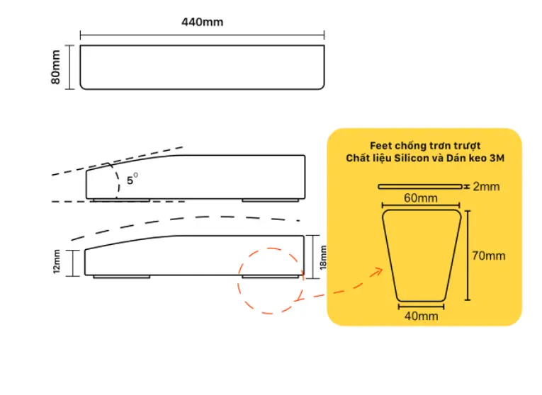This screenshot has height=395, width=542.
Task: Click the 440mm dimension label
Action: (x=202, y=22)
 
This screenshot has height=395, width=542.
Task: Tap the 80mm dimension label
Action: (x=56, y=67)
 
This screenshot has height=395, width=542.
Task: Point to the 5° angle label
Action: (x=132, y=180)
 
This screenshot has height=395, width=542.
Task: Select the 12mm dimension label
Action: (x=57, y=261)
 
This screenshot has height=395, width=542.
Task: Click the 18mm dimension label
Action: (x=323, y=258)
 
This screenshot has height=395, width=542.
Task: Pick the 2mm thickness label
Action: (x=486, y=186)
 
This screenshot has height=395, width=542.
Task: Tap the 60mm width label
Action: (x=421, y=198)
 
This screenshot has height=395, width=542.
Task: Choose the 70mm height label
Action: (x=488, y=256)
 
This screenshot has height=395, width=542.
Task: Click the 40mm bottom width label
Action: (x=422, y=316)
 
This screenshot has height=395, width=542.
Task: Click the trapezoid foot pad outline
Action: (x=387, y=256)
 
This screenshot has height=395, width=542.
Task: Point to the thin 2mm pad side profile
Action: (x=420, y=187)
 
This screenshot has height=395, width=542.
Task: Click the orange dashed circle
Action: (x=239, y=280)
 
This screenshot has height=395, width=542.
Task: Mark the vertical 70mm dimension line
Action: (x=468, y=255)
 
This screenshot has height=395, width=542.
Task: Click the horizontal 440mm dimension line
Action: (x=202, y=35)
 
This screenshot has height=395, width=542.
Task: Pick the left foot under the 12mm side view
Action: (x=122, y=277)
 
